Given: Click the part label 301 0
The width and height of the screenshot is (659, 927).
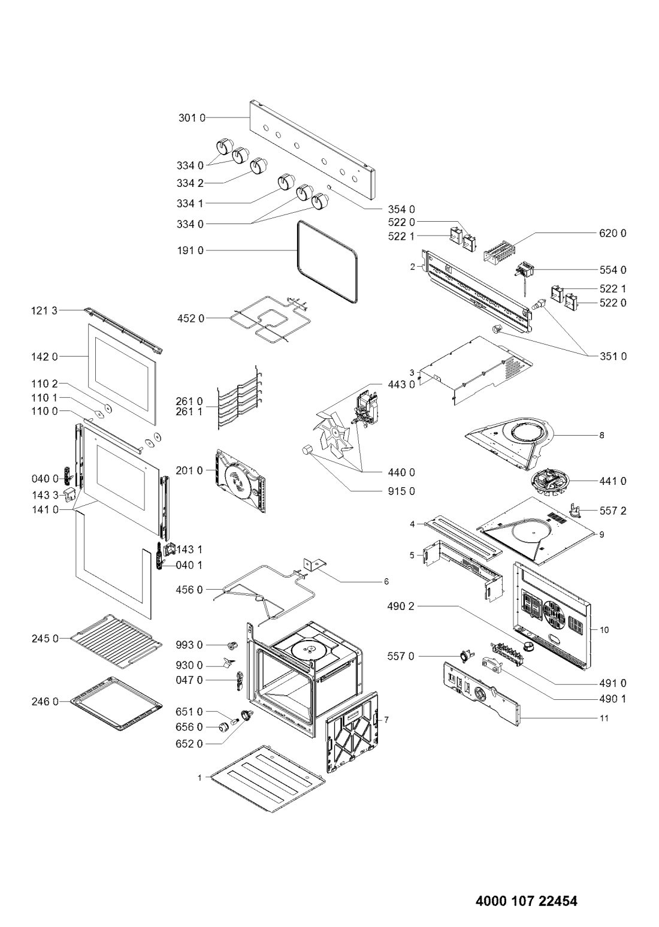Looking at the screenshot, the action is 192,118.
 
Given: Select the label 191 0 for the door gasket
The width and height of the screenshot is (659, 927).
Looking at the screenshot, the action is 190,250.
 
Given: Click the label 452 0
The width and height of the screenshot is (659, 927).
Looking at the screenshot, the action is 191,318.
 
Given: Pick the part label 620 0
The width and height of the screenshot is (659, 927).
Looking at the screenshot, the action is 613,234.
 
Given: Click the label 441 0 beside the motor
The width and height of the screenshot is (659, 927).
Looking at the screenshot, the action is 613,481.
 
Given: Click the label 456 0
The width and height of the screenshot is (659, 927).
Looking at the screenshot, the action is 190,590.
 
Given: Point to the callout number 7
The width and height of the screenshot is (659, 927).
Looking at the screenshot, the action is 386,720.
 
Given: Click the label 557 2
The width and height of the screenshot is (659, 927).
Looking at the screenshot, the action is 613,511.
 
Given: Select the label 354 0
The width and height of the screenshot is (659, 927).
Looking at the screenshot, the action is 401,209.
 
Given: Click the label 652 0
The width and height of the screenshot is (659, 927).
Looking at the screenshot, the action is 190,744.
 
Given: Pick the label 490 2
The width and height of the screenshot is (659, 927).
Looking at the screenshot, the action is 400,606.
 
